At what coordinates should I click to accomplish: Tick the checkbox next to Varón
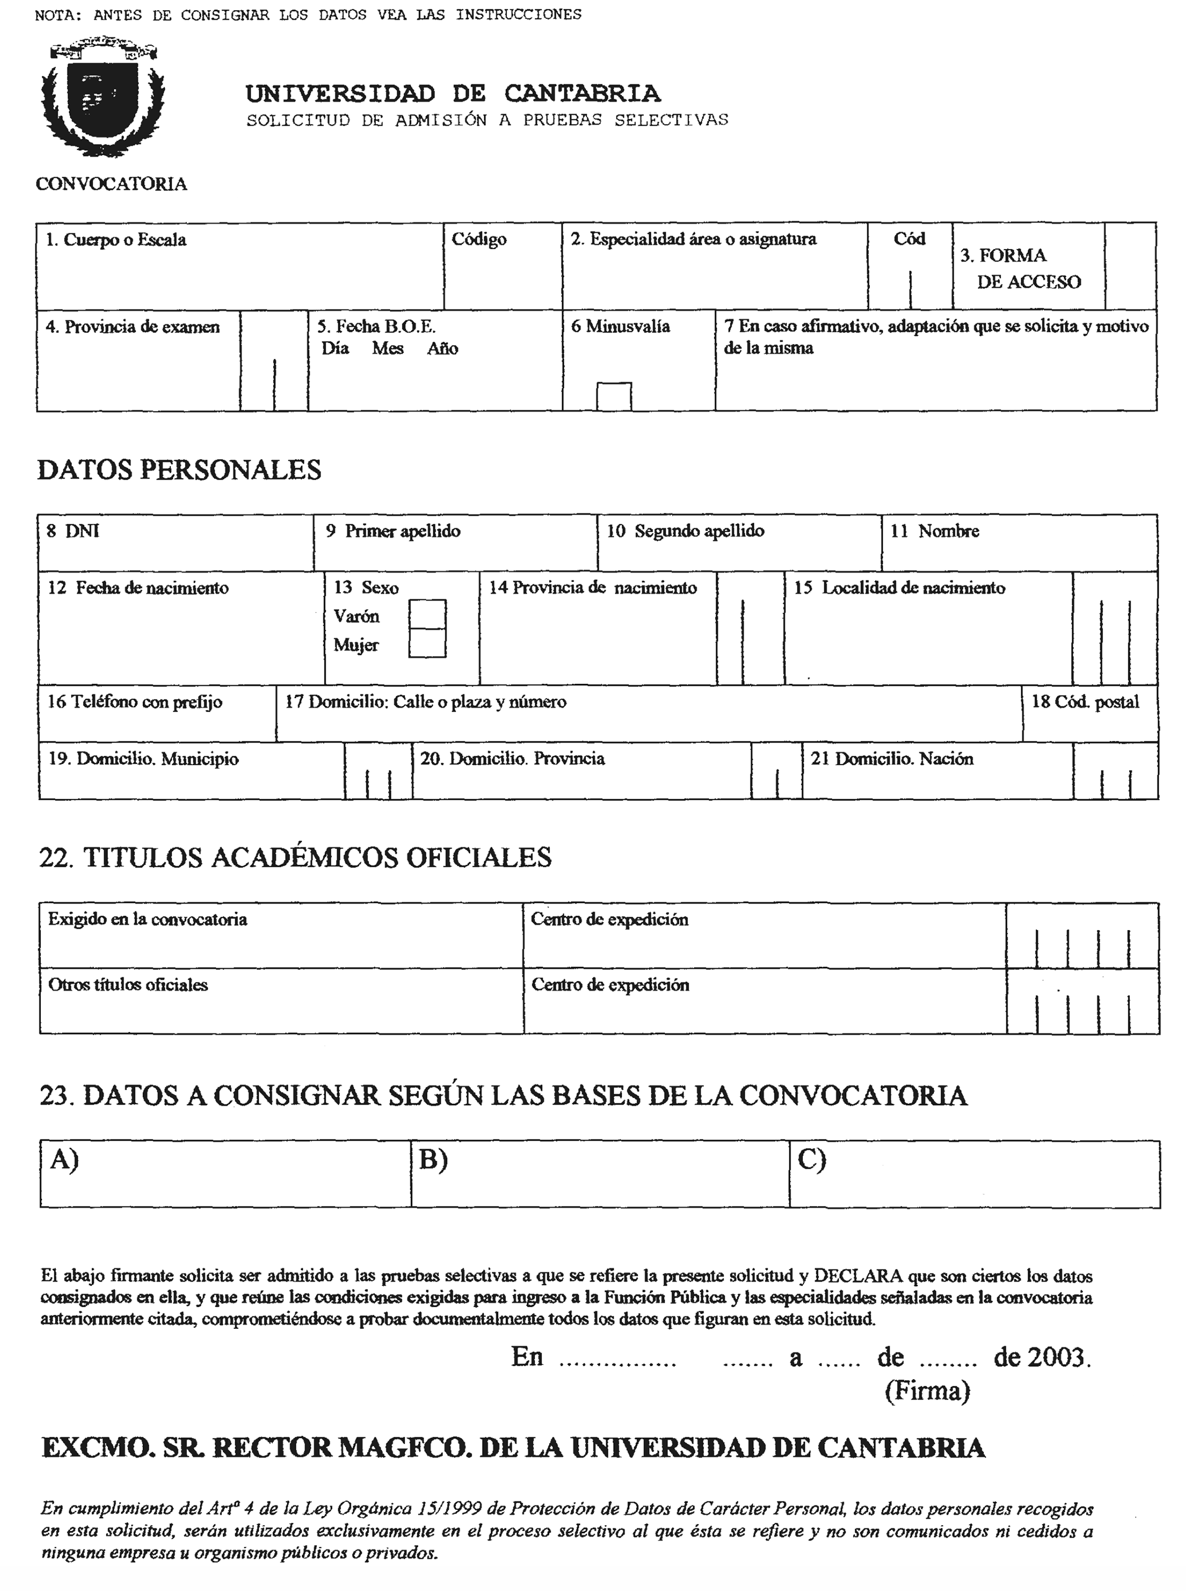tap(427, 615)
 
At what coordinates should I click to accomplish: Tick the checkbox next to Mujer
tap(427, 643)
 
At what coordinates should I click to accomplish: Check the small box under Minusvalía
tap(614, 397)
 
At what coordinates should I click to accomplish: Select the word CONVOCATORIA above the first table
tap(111, 184)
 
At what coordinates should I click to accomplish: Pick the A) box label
tap(64, 1160)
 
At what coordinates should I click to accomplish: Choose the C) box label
tap(811, 1160)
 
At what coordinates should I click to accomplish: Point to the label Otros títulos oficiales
tap(127, 984)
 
